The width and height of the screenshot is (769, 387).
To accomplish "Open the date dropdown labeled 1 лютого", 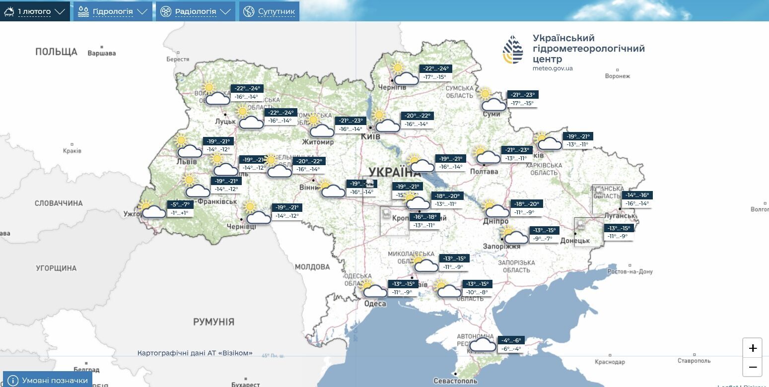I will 35,11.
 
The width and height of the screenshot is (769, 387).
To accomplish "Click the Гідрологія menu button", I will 113,11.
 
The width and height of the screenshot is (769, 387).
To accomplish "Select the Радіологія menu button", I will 196,11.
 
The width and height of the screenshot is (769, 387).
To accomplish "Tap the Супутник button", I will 270,11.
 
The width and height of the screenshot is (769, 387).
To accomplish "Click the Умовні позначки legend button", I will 48,381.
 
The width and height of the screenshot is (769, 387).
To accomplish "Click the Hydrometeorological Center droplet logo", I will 513,50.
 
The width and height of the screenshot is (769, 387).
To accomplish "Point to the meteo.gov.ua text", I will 553,68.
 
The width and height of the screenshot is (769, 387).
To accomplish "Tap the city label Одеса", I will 375,304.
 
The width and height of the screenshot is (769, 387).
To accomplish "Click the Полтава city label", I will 484,172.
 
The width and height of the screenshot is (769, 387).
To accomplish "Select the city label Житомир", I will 318,142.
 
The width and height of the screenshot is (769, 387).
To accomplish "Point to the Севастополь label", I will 455,381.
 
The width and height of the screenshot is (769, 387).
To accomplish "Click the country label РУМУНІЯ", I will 213,322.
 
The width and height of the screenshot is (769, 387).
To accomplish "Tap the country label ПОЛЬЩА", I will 56,52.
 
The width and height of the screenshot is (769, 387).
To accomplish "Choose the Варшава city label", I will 101,54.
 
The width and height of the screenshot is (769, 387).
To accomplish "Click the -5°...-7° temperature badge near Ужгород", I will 180,204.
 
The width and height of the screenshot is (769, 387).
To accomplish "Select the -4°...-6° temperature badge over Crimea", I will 511,340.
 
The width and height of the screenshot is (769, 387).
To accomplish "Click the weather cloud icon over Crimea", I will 483,344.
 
